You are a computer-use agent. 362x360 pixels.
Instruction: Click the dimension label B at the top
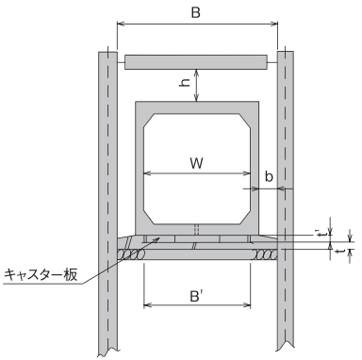pos(195,13)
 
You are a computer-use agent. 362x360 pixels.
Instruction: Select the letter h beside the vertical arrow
pos(185,82)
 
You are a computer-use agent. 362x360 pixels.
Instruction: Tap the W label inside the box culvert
pos(197,163)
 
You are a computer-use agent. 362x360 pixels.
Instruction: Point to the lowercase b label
pos(269,176)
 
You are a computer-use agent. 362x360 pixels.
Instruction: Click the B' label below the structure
pos(196,296)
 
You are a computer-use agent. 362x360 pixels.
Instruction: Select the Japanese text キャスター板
pos(41,275)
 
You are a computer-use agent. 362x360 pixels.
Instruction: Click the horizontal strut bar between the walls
pos(196,62)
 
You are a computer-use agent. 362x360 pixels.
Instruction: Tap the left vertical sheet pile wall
pos(107,201)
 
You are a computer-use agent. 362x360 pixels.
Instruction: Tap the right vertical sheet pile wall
pos(285,201)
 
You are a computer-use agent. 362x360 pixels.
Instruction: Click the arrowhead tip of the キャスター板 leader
pos(159,237)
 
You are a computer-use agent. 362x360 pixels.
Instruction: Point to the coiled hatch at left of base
pos(131,254)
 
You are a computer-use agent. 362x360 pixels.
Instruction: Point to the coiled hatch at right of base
pos(266,254)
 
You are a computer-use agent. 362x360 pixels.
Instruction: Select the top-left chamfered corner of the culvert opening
pos(149,121)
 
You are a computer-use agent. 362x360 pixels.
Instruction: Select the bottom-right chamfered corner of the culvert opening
pos(245,218)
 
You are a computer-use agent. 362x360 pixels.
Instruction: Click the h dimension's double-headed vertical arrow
pos(196,85)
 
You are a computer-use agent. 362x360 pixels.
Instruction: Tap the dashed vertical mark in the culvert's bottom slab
pos(196,229)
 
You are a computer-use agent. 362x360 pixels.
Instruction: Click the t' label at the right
pos(319,233)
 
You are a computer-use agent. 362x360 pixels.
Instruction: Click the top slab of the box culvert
pos(197,107)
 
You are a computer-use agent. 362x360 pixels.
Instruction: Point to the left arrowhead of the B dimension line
pos(120,24)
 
